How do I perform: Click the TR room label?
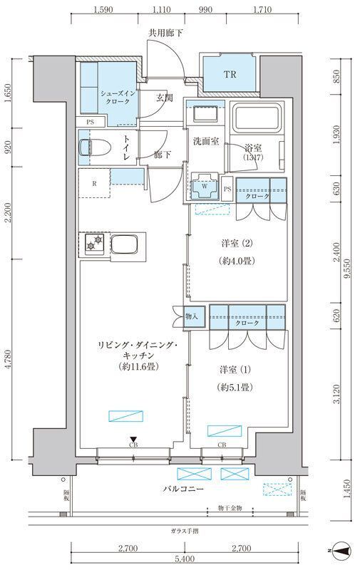(x=230, y=73)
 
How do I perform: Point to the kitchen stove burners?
(x=92, y=246)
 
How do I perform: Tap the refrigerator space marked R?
(x=94, y=182)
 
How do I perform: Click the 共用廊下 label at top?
(x=165, y=33)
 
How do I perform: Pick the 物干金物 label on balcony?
(x=230, y=507)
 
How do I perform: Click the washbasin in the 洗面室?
(x=205, y=114)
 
